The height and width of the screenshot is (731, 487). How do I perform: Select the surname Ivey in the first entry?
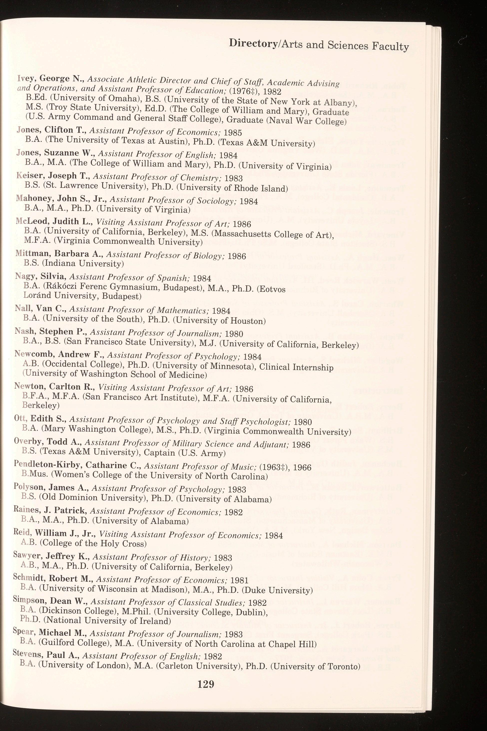[25, 77]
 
